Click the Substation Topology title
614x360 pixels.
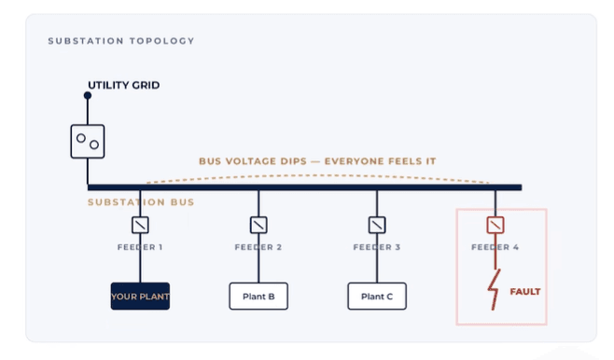tap(121, 41)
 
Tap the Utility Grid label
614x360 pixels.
tap(124, 85)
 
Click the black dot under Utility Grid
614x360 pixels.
tap(88, 95)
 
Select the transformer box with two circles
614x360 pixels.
tap(88, 141)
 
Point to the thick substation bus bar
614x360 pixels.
tap(304, 187)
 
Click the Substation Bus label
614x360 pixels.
tap(141, 202)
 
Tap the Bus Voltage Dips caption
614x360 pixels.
tap(317, 161)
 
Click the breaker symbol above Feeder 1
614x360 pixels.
tap(140, 225)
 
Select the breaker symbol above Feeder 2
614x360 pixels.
tap(258, 225)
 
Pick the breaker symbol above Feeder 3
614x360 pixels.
tap(377, 225)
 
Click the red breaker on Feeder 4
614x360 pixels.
tap(495, 225)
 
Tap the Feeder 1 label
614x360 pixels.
tap(140, 247)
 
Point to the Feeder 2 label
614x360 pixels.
tap(258, 247)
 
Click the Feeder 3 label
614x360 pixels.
tap(377, 247)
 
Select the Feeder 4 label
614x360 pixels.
tap(495, 247)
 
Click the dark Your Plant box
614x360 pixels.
tap(140, 297)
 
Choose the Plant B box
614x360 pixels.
tap(258, 297)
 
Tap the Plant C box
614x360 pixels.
tap(377, 297)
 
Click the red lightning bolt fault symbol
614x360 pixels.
tap(495, 289)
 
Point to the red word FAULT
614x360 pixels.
tap(525, 292)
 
